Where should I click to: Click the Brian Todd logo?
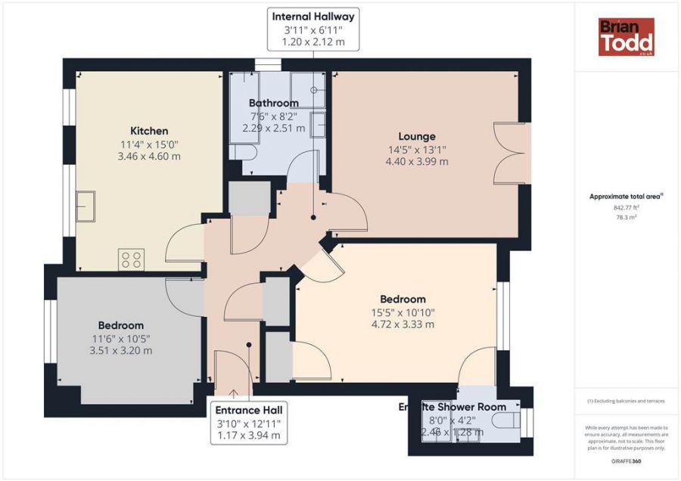pos(626,37)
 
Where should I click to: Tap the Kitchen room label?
pos(149,131)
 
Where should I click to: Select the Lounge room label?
pos(417,137)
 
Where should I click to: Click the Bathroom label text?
pos(273,103)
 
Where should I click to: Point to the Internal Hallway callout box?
pos(313,29)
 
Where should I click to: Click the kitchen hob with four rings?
pos(131,260)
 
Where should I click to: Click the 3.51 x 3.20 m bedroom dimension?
pos(120,350)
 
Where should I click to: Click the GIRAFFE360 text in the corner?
pos(626,461)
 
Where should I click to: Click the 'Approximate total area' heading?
pos(626,196)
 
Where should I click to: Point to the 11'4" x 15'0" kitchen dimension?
pos(149,144)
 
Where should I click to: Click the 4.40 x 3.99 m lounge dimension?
pos(417,161)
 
